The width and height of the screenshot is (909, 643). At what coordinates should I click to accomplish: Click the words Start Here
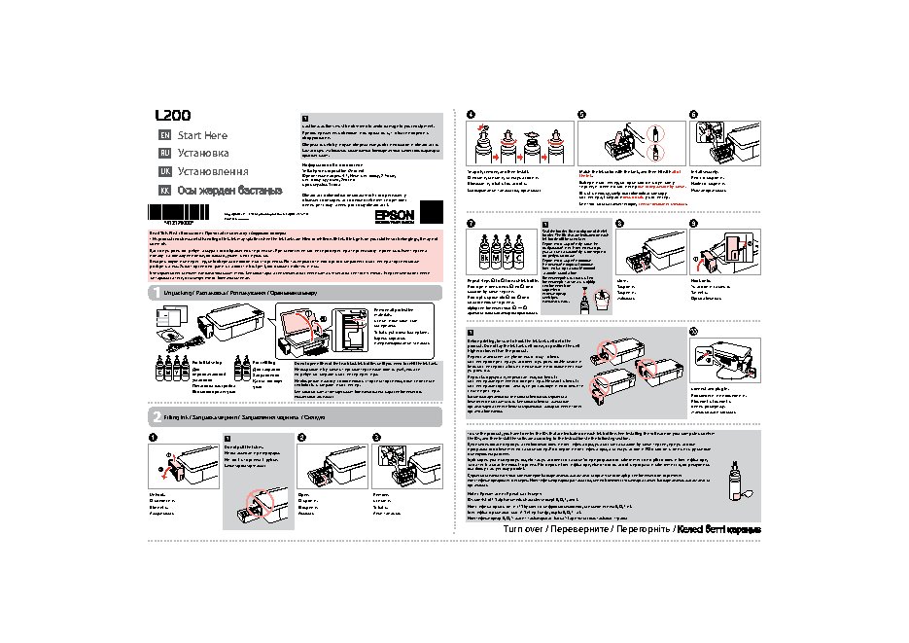coord(202,135)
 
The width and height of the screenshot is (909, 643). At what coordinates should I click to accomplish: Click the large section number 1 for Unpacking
coord(156,293)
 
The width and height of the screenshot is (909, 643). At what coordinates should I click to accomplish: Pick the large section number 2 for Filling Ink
coord(156,416)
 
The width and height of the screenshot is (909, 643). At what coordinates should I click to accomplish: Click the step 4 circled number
coord(472,114)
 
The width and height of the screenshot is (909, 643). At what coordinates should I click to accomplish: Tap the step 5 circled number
coord(582,114)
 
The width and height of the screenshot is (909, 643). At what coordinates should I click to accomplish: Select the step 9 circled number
coord(693,224)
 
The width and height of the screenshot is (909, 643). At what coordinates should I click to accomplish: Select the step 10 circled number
coord(693,332)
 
